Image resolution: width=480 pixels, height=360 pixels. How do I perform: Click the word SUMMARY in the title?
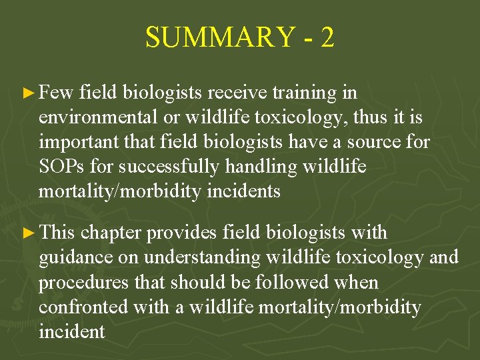pyautogui.click(x=219, y=38)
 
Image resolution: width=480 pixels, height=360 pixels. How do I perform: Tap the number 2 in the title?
pyautogui.click(x=327, y=38)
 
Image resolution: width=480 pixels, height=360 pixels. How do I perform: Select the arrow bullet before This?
pyautogui.click(x=29, y=233)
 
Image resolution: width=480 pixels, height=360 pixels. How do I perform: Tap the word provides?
pyautogui.click(x=182, y=233)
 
